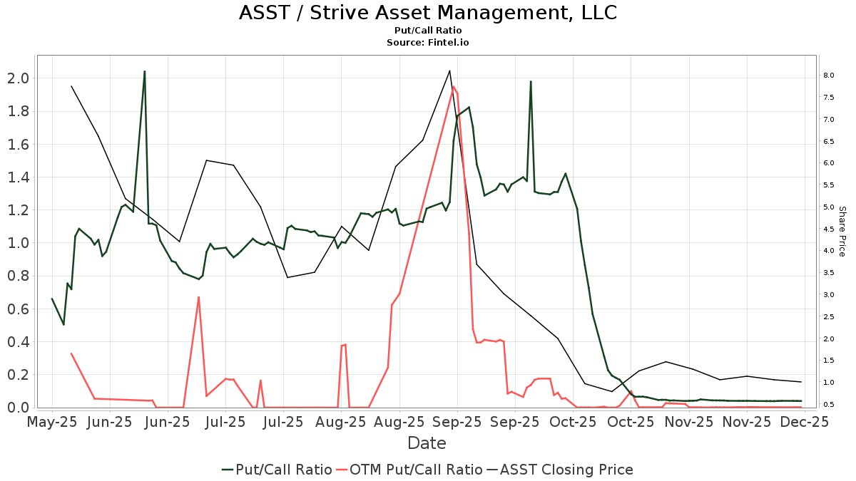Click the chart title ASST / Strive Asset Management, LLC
click(427, 13)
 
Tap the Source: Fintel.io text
click(427, 43)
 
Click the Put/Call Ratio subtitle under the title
click(427, 31)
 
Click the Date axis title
click(427, 443)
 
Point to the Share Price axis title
click(842, 232)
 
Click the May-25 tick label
click(51, 422)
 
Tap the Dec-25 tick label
click(805, 422)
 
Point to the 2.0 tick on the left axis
click(17, 78)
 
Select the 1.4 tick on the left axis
click(17, 177)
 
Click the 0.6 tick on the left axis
click(17, 309)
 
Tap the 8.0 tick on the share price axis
click(828, 75)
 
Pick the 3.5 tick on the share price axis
click(828, 272)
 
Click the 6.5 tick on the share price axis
click(828, 141)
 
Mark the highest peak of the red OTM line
click(454, 86)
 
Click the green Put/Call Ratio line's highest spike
click(145, 71)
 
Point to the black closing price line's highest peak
click(449, 71)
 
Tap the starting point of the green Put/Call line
click(51, 299)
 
